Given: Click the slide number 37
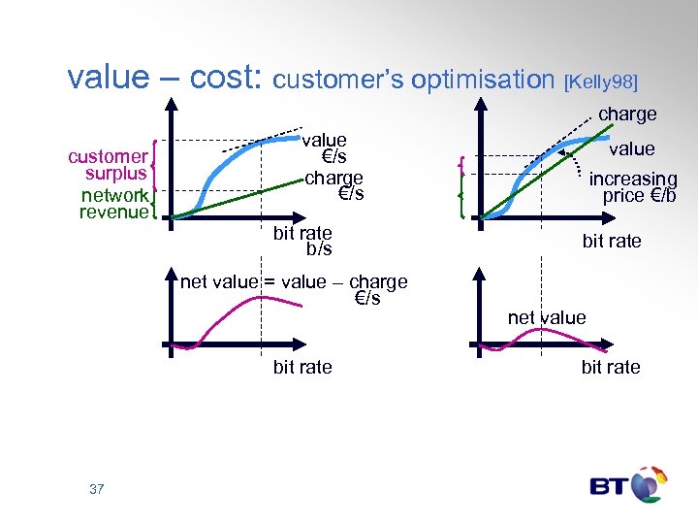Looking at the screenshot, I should point(96,489).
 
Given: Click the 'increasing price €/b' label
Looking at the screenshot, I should point(633,187).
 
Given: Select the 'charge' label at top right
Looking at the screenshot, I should point(627,115).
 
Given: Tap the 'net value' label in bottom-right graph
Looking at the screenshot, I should point(547,317).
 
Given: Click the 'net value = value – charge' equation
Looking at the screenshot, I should point(294,282).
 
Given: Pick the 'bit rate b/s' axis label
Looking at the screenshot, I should point(302,241).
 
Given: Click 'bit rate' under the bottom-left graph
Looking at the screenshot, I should point(302,367).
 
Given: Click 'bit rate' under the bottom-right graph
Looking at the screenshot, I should point(611,367).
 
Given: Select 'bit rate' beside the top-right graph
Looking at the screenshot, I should point(612,241).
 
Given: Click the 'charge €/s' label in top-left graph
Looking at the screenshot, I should point(334,185).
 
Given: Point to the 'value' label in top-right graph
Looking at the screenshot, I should point(631,148).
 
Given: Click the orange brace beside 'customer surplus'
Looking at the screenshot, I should point(155,165).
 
